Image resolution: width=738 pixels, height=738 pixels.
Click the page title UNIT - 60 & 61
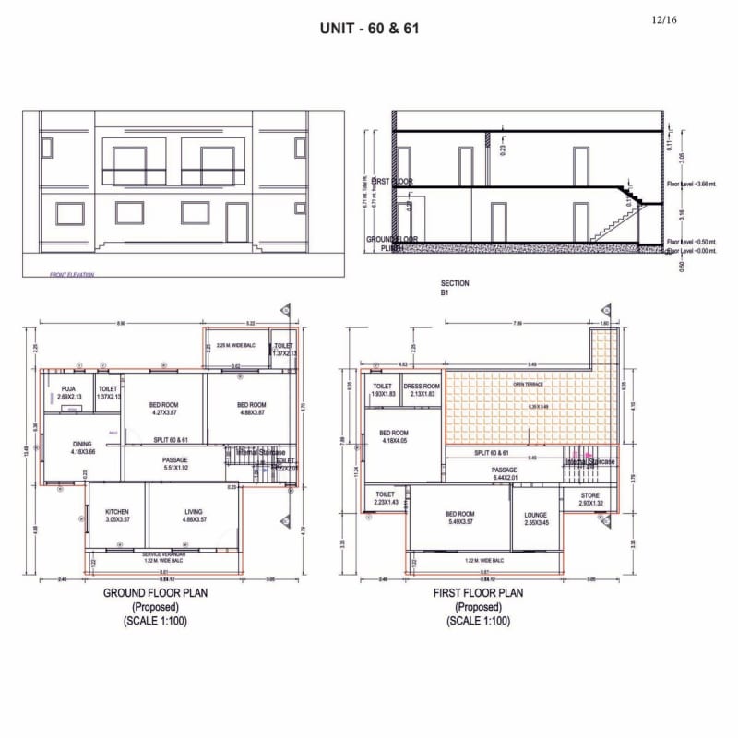pyautogui.click(x=369, y=28)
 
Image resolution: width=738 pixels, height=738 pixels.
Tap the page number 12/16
pyautogui.click(x=663, y=18)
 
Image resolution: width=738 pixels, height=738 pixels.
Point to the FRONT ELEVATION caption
pyautogui.click(x=72, y=274)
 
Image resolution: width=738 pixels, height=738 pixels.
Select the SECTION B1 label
pyautogui.click(x=455, y=288)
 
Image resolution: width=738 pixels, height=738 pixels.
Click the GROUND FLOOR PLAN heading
pyautogui.click(x=155, y=593)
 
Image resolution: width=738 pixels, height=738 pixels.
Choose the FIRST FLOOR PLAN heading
pyautogui.click(x=478, y=593)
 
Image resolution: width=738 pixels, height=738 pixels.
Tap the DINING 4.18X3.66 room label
pyautogui.click(x=82, y=447)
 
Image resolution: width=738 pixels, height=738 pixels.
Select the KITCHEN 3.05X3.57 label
pyautogui.click(x=116, y=515)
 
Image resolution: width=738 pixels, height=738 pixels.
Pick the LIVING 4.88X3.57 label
pyautogui.click(x=193, y=515)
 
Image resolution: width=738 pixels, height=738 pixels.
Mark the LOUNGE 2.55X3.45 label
pyautogui.click(x=536, y=519)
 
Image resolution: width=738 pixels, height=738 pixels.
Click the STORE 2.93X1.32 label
pyautogui.click(x=589, y=500)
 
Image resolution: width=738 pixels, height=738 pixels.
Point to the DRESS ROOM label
pyautogui.click(x=423, y=390)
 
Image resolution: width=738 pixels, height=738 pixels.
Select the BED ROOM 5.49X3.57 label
pyautogui.click(x=459, y=518)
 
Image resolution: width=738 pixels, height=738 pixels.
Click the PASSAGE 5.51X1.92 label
pyautogui.click(x=175, y=464)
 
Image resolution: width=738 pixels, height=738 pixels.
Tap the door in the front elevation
pyautogui.click(x=237, y=221)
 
